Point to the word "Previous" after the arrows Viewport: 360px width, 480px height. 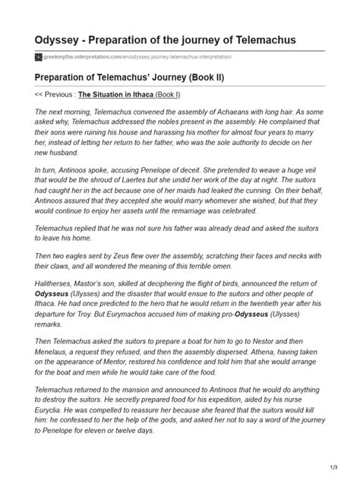(69, 95)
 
